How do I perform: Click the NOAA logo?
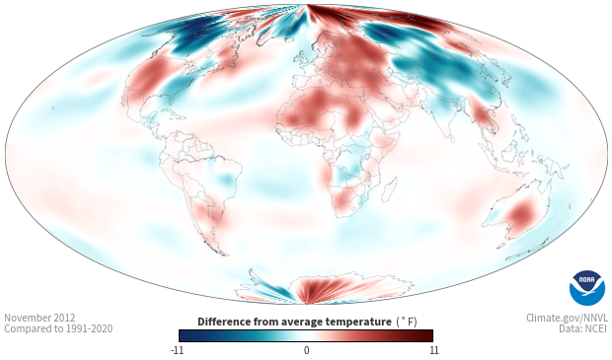[x=587, y=288]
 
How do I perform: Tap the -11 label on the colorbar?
[x=177, y=350]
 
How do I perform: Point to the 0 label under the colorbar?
[x=306, y=350]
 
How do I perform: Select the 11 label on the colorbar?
[x=433, y=350]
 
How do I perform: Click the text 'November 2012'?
[x=39, y=318]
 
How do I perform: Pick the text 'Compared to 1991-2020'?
[x=58, y=328]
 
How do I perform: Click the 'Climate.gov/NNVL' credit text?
[x=567, y=318]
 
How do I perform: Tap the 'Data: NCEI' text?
[x=583, y=328]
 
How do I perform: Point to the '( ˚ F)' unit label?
[x=407, y=323]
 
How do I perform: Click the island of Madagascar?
[x=389, y=190]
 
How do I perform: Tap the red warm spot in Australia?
[x=522, y=213]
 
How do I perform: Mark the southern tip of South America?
[x=224, y=254]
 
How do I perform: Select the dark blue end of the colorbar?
[x=184, y=335]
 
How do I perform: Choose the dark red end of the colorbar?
[x=428, y=335]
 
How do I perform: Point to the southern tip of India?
[x=451, y=142]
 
